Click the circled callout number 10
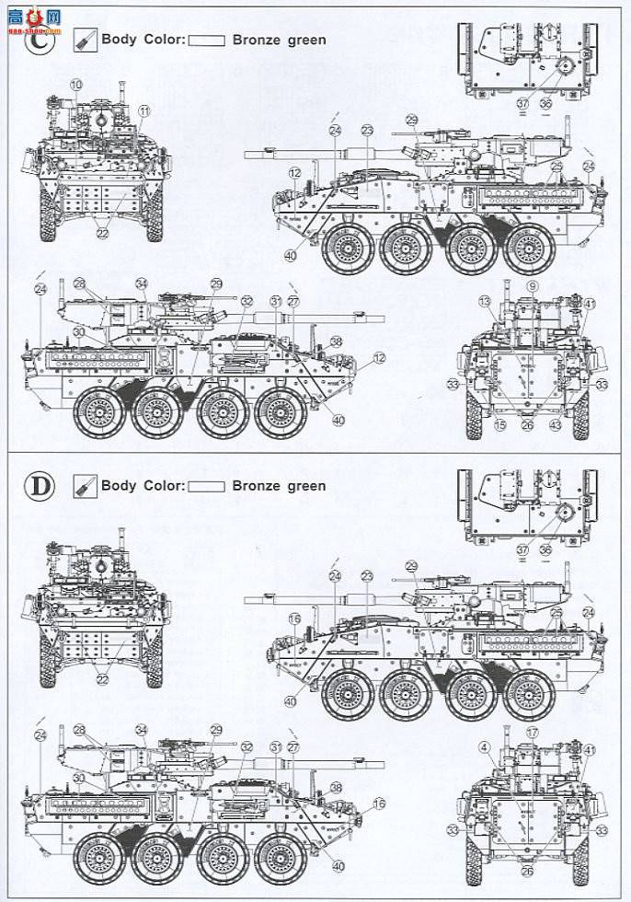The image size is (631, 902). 75,85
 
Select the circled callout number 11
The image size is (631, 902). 143,110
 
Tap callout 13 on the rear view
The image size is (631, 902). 484,302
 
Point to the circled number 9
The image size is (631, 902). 532,287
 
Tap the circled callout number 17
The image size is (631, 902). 532,732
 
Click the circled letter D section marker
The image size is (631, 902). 58,485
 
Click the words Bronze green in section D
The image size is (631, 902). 279,486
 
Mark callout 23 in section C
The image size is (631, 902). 367,131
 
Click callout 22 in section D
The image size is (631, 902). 101,679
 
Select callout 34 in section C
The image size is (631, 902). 141,283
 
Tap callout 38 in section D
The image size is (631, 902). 336,787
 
